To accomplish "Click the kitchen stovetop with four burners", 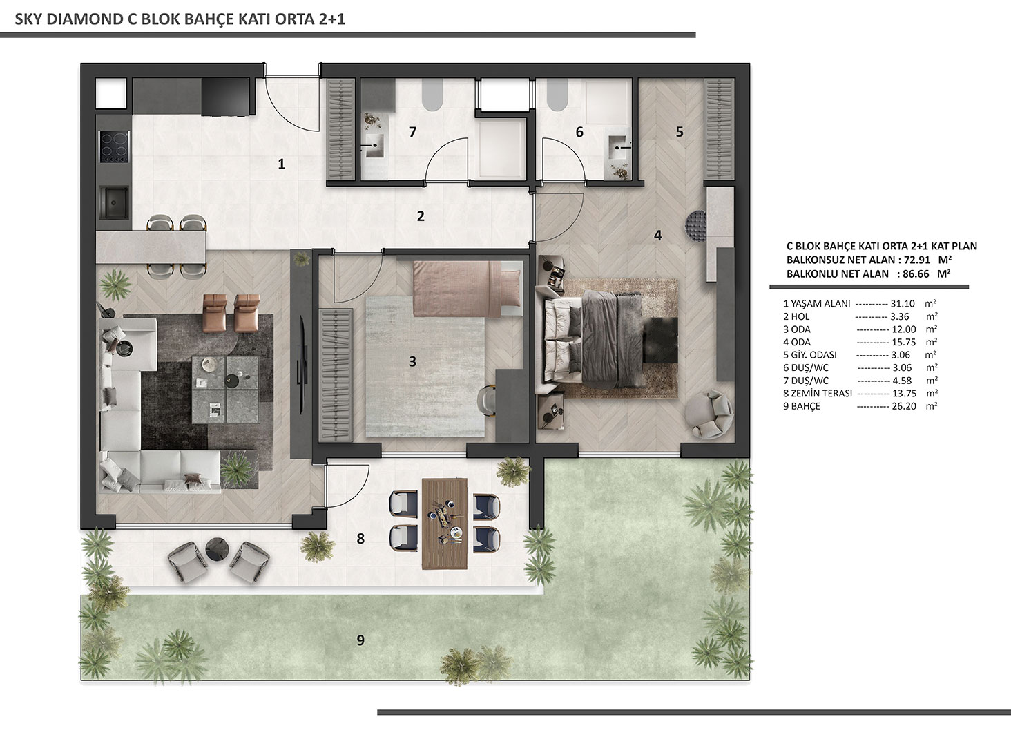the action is (x=115, y=146).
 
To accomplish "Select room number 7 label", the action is (x=412, y=132).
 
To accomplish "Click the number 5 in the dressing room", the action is (x=680, y=132).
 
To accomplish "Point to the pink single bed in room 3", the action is (x=466, y=288).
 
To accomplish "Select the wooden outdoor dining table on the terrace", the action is (x=445, y=523).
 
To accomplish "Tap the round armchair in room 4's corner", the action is (x=709, y=414).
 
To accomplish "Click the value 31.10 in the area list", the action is (x=903, y=304).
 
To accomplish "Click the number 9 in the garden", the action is (x=360, y=640).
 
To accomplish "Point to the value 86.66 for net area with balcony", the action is (x=915, y=274).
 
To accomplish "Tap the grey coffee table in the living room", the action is (x=226, y=390).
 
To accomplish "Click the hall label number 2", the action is (x=420, y=216).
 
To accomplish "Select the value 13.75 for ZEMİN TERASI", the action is (x=904, y=393).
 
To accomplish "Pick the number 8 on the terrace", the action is (x=360, y=538).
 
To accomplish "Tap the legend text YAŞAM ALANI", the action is (x=820, y=304).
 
